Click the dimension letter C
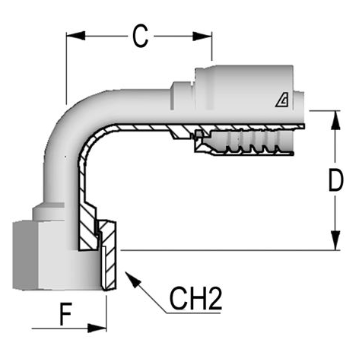point(140,36)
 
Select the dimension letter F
point(66,314)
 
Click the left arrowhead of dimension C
point(75,36)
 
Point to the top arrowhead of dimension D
point(336,120)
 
